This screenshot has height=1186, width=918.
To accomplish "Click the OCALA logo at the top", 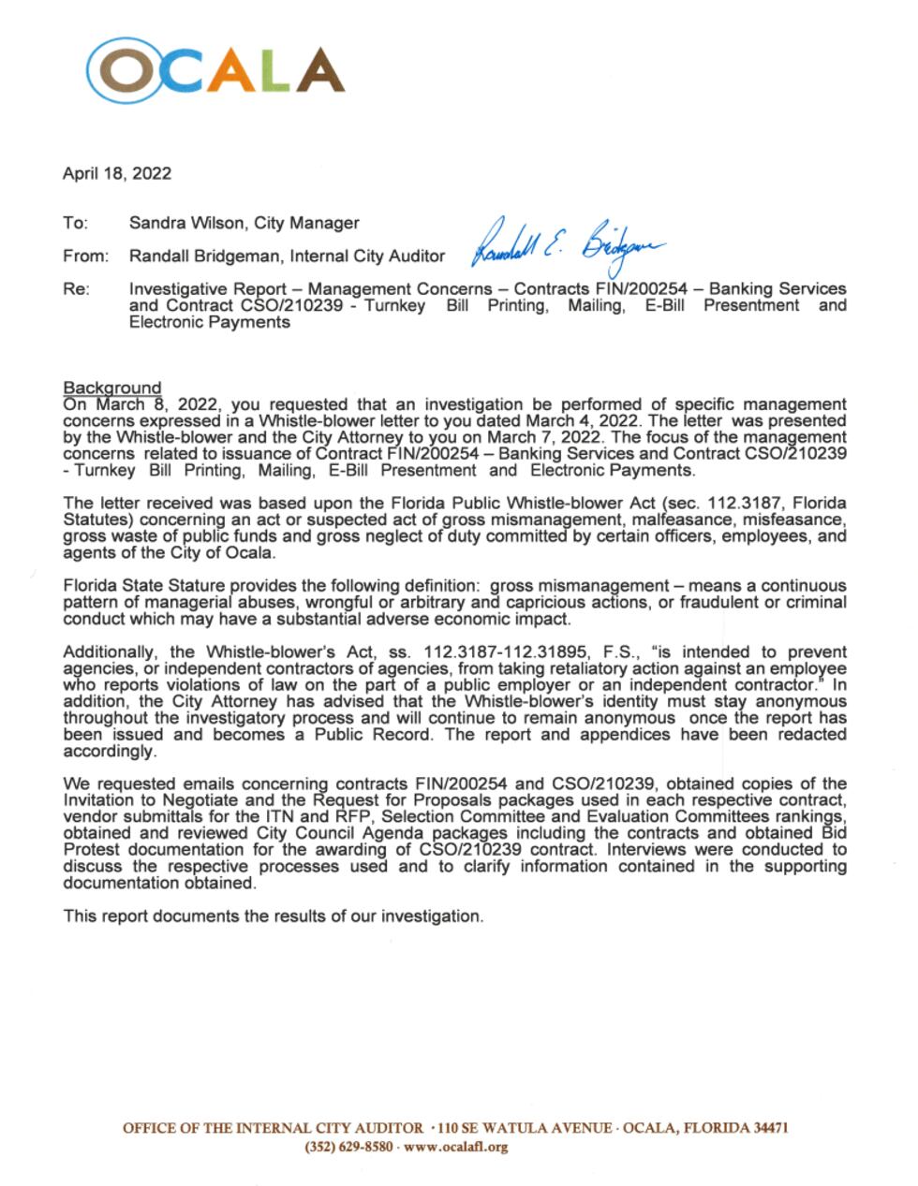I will pyautogui.click(x=215, y=70).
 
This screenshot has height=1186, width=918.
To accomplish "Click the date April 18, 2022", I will pyautogui.click(x=117, y=173).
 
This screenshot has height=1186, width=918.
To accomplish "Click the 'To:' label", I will pyautogui.click(x=75, y=223).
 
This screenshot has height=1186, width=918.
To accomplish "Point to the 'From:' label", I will pyautogui.click(x=85, y=256).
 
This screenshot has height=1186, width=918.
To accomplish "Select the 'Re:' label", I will pyautogui.click(x=76, y=289).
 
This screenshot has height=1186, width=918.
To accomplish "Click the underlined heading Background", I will pyautogui.click(x=111, y=388).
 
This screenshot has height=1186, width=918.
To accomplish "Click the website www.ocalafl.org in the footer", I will pyautogui.click(x=455, y=1147).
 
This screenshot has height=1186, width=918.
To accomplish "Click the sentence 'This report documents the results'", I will pyautogui.click(x=273, y=915).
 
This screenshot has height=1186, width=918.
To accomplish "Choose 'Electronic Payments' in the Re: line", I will pyautogui.click(x=209, y=322).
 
